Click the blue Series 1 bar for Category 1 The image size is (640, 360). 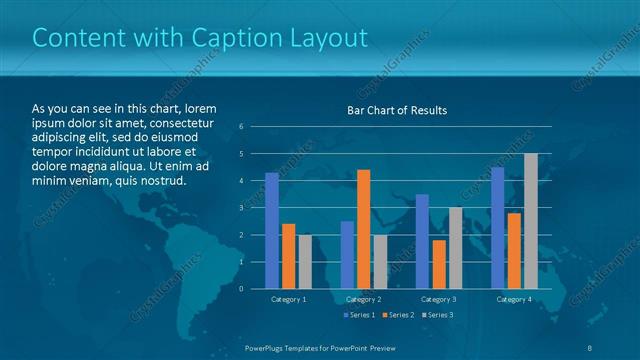click(272, 231)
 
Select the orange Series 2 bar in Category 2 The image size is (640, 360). click(363, 229)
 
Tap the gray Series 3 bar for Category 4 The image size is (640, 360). click(530, 221)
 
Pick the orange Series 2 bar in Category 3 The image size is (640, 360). click(439, 264)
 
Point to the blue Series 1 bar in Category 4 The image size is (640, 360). click(498, 228)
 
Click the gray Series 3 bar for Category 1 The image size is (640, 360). click(304, 262)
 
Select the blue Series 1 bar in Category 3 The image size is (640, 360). click(422, 241)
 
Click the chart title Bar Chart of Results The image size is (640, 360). click(397, 110)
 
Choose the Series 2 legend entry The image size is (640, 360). click(397, 315)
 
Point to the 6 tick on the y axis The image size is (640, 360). click(242, 127)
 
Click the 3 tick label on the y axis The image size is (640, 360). click(242, 208)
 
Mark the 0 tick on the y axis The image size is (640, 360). click(242, 289)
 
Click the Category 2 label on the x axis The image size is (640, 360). click(363, 299)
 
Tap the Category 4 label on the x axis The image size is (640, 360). click(513, 299)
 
